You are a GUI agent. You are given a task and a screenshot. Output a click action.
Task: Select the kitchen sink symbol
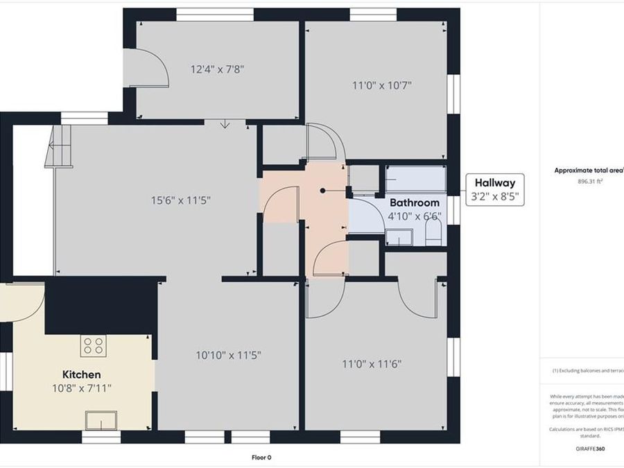[101, 419]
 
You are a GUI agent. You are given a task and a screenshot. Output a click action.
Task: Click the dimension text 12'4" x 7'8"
[217, 69]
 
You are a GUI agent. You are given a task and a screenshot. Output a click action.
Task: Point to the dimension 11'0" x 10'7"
[382, 86]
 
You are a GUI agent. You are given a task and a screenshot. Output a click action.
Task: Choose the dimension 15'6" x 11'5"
[181, 200]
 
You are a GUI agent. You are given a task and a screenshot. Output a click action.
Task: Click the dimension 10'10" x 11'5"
[228, 355]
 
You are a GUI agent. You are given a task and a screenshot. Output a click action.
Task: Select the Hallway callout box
[494, 190]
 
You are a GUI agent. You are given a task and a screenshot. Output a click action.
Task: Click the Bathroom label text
[414, 202]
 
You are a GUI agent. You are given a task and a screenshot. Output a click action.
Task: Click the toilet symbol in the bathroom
[433, 230]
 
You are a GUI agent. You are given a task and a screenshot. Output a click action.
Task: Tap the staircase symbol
[60, 146]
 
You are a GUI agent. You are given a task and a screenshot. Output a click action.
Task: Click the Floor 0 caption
[261, 457]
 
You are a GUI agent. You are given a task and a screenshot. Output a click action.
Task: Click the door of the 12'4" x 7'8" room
[150, 69]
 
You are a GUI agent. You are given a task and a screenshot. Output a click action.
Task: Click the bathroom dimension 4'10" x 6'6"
[414, 216]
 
